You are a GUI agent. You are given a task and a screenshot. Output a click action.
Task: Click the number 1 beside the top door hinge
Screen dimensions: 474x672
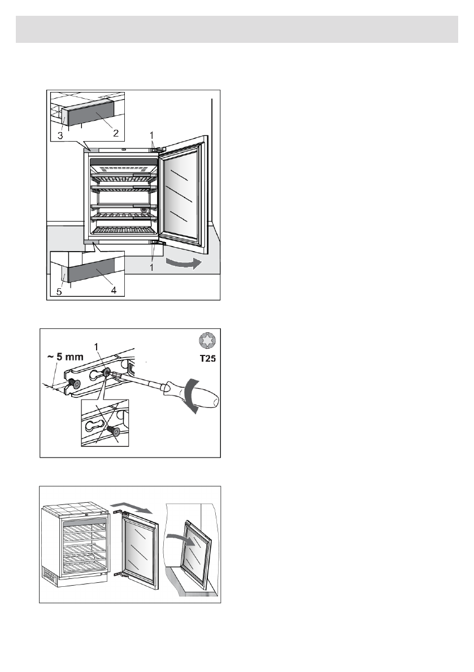[151, 135]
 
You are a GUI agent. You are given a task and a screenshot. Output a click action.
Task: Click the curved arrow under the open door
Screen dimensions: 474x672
[181, 263]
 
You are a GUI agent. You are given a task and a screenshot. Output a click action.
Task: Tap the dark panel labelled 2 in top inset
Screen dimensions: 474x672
[90, 119]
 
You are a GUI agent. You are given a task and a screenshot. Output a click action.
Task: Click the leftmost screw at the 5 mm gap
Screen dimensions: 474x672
[73, 383]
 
